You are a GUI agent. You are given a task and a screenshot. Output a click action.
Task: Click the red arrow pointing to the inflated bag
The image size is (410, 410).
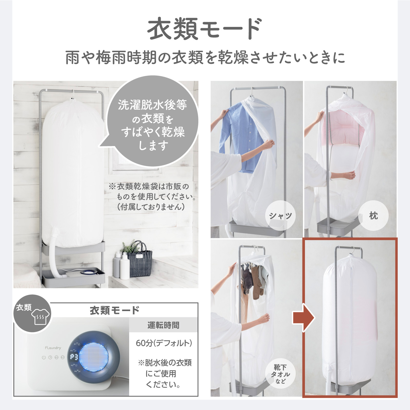click(303, 318)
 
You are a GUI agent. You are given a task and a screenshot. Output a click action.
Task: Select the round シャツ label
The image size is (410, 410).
click(280, 216)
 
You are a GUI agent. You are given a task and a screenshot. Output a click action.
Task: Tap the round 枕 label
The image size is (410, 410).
click(373, 216)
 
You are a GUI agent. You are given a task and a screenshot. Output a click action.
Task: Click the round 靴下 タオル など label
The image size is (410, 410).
click(280, 374)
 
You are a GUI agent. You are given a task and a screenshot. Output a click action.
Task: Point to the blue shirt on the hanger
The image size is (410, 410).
click(243, 136)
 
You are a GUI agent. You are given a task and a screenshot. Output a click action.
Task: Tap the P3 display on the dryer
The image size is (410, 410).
click(74, 357)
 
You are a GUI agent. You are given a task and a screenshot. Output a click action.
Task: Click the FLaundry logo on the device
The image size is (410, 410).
click(53, 348)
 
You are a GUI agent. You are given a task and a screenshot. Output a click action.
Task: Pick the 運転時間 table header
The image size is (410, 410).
click(163, 325)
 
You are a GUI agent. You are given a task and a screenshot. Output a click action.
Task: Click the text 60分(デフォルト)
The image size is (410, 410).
click(163, 343)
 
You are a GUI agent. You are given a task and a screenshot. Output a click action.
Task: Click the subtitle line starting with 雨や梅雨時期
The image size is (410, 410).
click(205, 57)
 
